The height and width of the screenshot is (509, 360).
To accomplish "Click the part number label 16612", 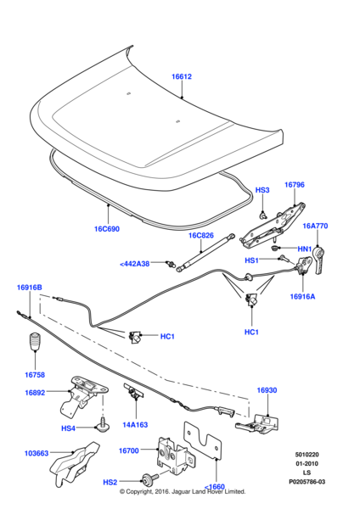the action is [x=182, y=76].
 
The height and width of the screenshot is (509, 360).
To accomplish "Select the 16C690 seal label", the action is [x=107, y=229].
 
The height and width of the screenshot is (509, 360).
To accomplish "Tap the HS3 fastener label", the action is [x=262, y=190].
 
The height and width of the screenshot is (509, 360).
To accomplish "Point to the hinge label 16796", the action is [x=295, y=185].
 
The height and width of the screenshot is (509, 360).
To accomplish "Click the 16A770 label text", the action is [x=315, y=226].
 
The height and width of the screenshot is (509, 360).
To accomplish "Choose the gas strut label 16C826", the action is [x=201, y=235].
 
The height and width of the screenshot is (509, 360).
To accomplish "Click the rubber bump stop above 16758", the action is [x=34, y=341].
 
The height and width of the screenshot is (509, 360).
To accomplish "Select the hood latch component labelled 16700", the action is [x=172, y=454].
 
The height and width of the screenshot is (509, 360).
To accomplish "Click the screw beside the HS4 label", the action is [x=103, y=425].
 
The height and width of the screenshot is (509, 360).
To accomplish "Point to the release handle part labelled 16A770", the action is [x=320, y=260].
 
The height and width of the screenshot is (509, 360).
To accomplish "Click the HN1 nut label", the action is [x=305, y=249].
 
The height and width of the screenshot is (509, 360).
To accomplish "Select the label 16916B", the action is [x=29, y=288].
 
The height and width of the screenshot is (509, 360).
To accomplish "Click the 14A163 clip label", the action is [x=135, y=425].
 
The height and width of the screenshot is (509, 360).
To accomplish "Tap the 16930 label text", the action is [x=267, y=390].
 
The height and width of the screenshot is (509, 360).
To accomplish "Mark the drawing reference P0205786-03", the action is [x=307, y=482].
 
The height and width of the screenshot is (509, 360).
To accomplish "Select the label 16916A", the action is [x=302, y=296].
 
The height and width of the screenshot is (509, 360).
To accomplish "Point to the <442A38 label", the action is [x=134, y=264].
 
